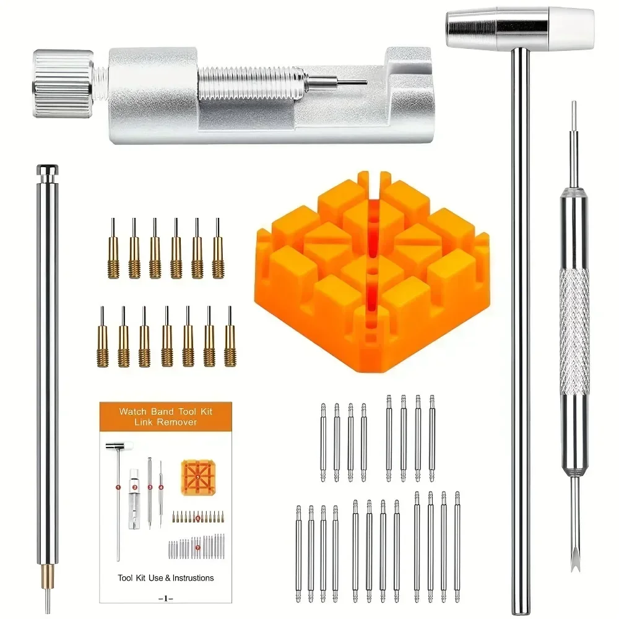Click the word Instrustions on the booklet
pos(184,578)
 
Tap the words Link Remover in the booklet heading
pos(166,422)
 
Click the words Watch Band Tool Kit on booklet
pos(166,410)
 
